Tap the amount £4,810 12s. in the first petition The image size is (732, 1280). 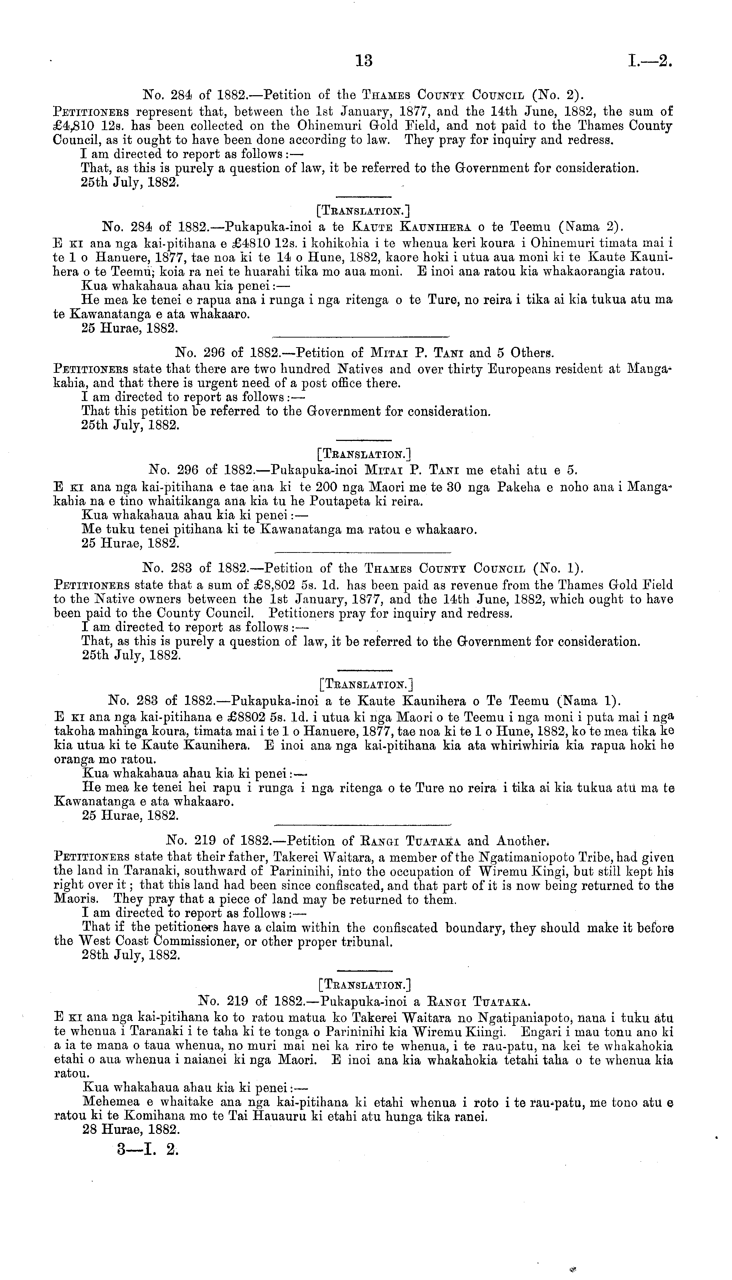point(83,126)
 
